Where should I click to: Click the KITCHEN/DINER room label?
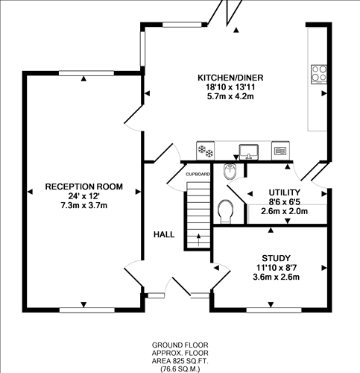pyautogui.click(x=230, y=78)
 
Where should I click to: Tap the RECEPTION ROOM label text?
pyautogui.click(x=83, y=186)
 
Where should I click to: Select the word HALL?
pyautogui.click(x=164, y=234)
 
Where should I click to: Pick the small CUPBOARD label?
pyautogui.click(x=198, y=174)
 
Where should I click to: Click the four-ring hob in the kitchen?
pyautogui.click(x=320, y=73)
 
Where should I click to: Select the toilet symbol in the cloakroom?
pyautogui.click(x=226, y=212)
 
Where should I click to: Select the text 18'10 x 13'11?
pyautogui.click(x=230, y=87)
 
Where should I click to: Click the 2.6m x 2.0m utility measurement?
pyautogui.click(x=284, y=211)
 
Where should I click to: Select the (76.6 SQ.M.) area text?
pyautogui.click(x=180, y=367)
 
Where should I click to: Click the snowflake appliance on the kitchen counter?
pyautogui.click(x=205, y=150)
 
